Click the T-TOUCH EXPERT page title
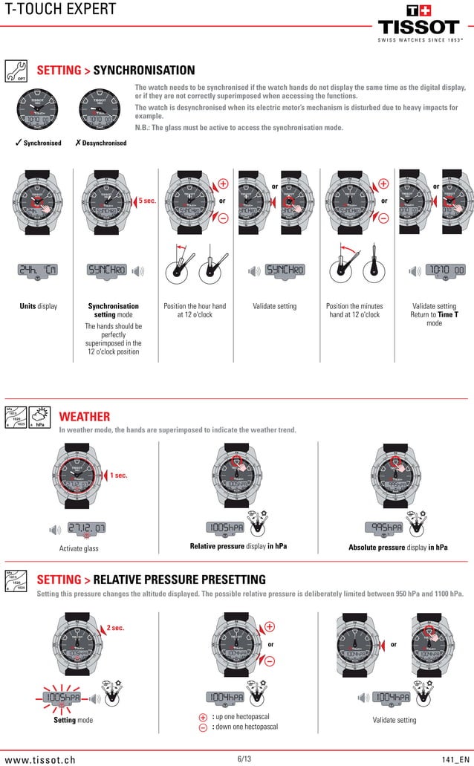coord(59,10)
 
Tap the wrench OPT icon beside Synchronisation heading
coord(16,71)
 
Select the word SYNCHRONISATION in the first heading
coord(144,71)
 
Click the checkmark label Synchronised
coord(38,143)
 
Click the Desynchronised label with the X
coord(101,143)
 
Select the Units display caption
coord(37,306)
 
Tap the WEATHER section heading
coord(85,416)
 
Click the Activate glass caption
coord(79,548)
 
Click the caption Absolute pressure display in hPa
coord(397,548)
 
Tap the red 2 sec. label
coord(115,628)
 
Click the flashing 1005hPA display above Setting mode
coord(62,698)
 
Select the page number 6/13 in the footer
coord(244,759)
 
